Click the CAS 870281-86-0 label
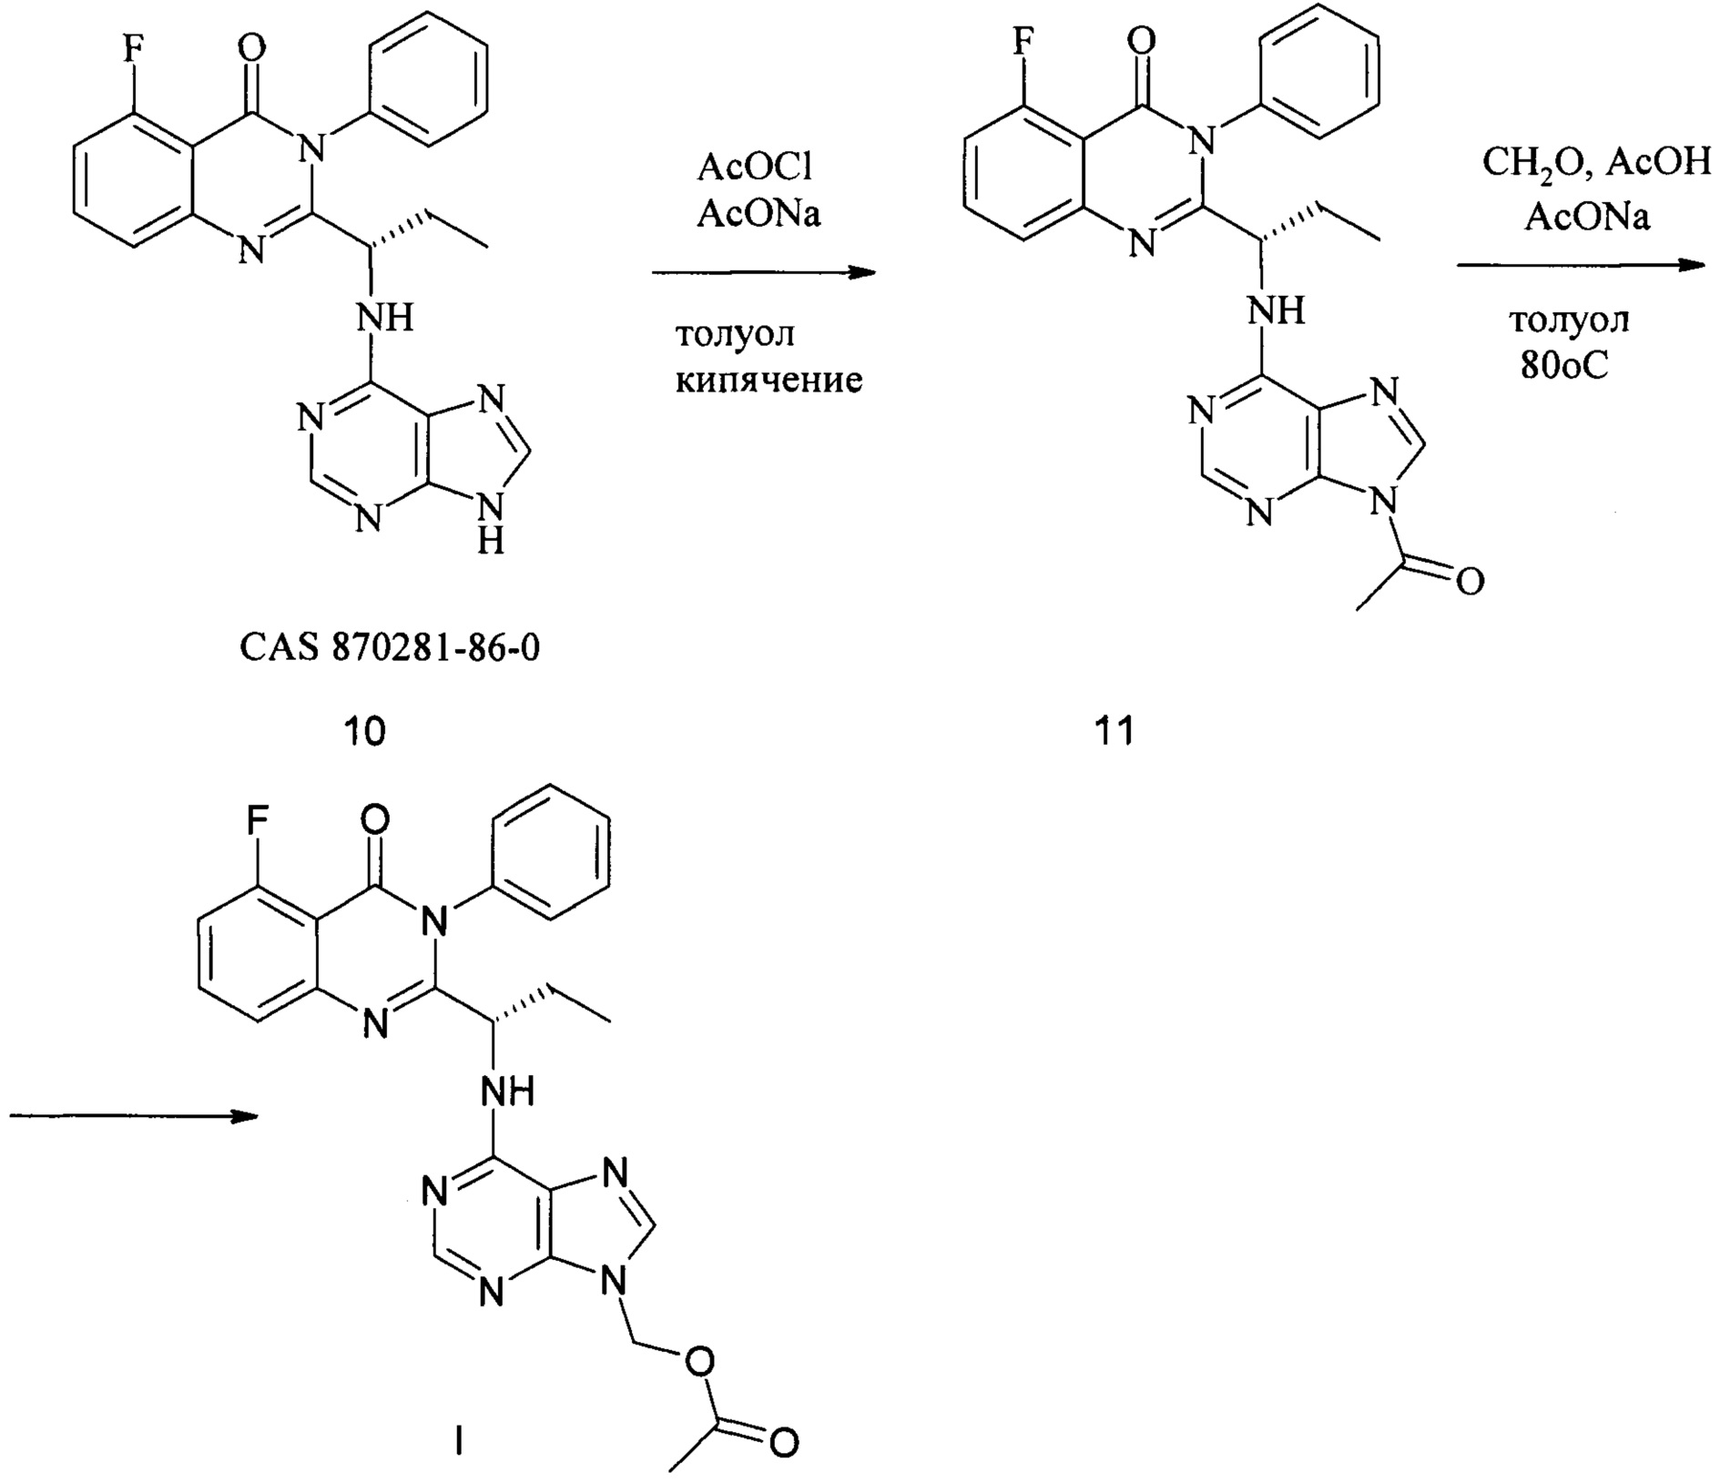pyautogui.click(x=390, y=649)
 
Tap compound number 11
pyautogui.click(x=1114, y=730)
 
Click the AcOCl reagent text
pyautogui.click(x=754, y=168)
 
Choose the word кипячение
pyautogui.click(x=768, y=379)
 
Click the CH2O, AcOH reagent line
pyautogui.click(x=1596, y=163)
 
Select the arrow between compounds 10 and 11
pyautogui.click(x=763, y=272)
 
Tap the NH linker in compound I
pyautogui.click(x=508, y=1091)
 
